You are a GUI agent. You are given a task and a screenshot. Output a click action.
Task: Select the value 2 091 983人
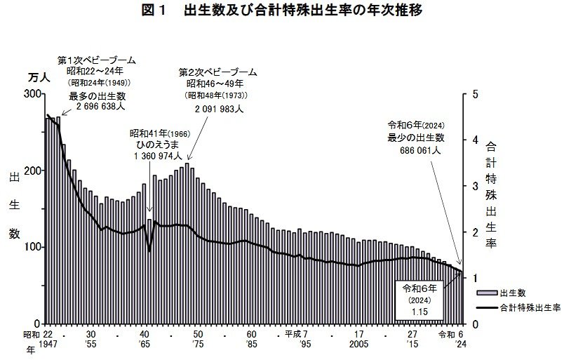(218, 109)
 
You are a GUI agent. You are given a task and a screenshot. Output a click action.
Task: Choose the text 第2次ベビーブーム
(218, 72)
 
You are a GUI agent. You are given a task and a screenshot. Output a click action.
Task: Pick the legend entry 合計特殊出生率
(528, 307)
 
